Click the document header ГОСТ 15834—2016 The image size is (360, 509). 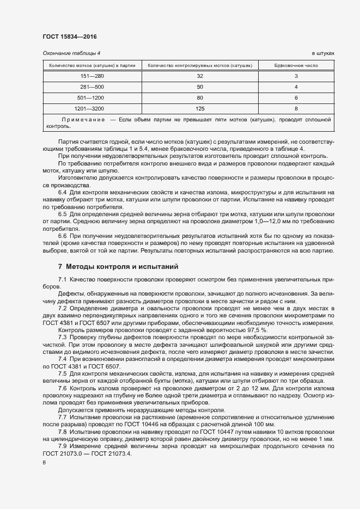(x=70, y=37)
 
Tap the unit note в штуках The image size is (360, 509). (x=322, y=53)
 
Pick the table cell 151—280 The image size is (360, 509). (x=91, y=76)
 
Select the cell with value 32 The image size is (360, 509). (x=199, y=76)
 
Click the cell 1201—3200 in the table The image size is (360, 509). (x=91, y=108)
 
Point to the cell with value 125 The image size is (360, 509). (x=199, y=108)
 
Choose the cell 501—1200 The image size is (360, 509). (x=91, y=97)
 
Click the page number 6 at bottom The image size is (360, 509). (x=44, y=463)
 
